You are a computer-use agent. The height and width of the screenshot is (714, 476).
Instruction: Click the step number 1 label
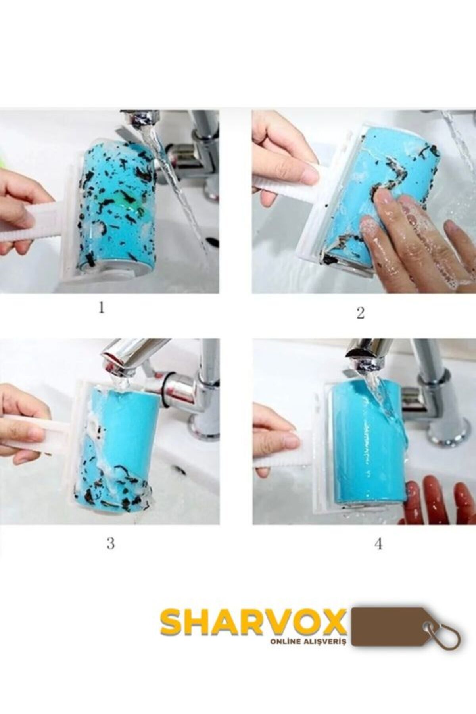[x=102, y=308]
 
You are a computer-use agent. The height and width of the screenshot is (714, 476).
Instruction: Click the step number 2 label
[x=360, y=313]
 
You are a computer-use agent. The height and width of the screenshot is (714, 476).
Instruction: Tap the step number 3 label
[x=110, y=543]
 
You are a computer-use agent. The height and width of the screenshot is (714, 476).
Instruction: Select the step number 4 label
[x=378, y=544]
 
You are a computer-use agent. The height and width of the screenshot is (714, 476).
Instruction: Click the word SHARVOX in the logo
[x=253, y=622]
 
